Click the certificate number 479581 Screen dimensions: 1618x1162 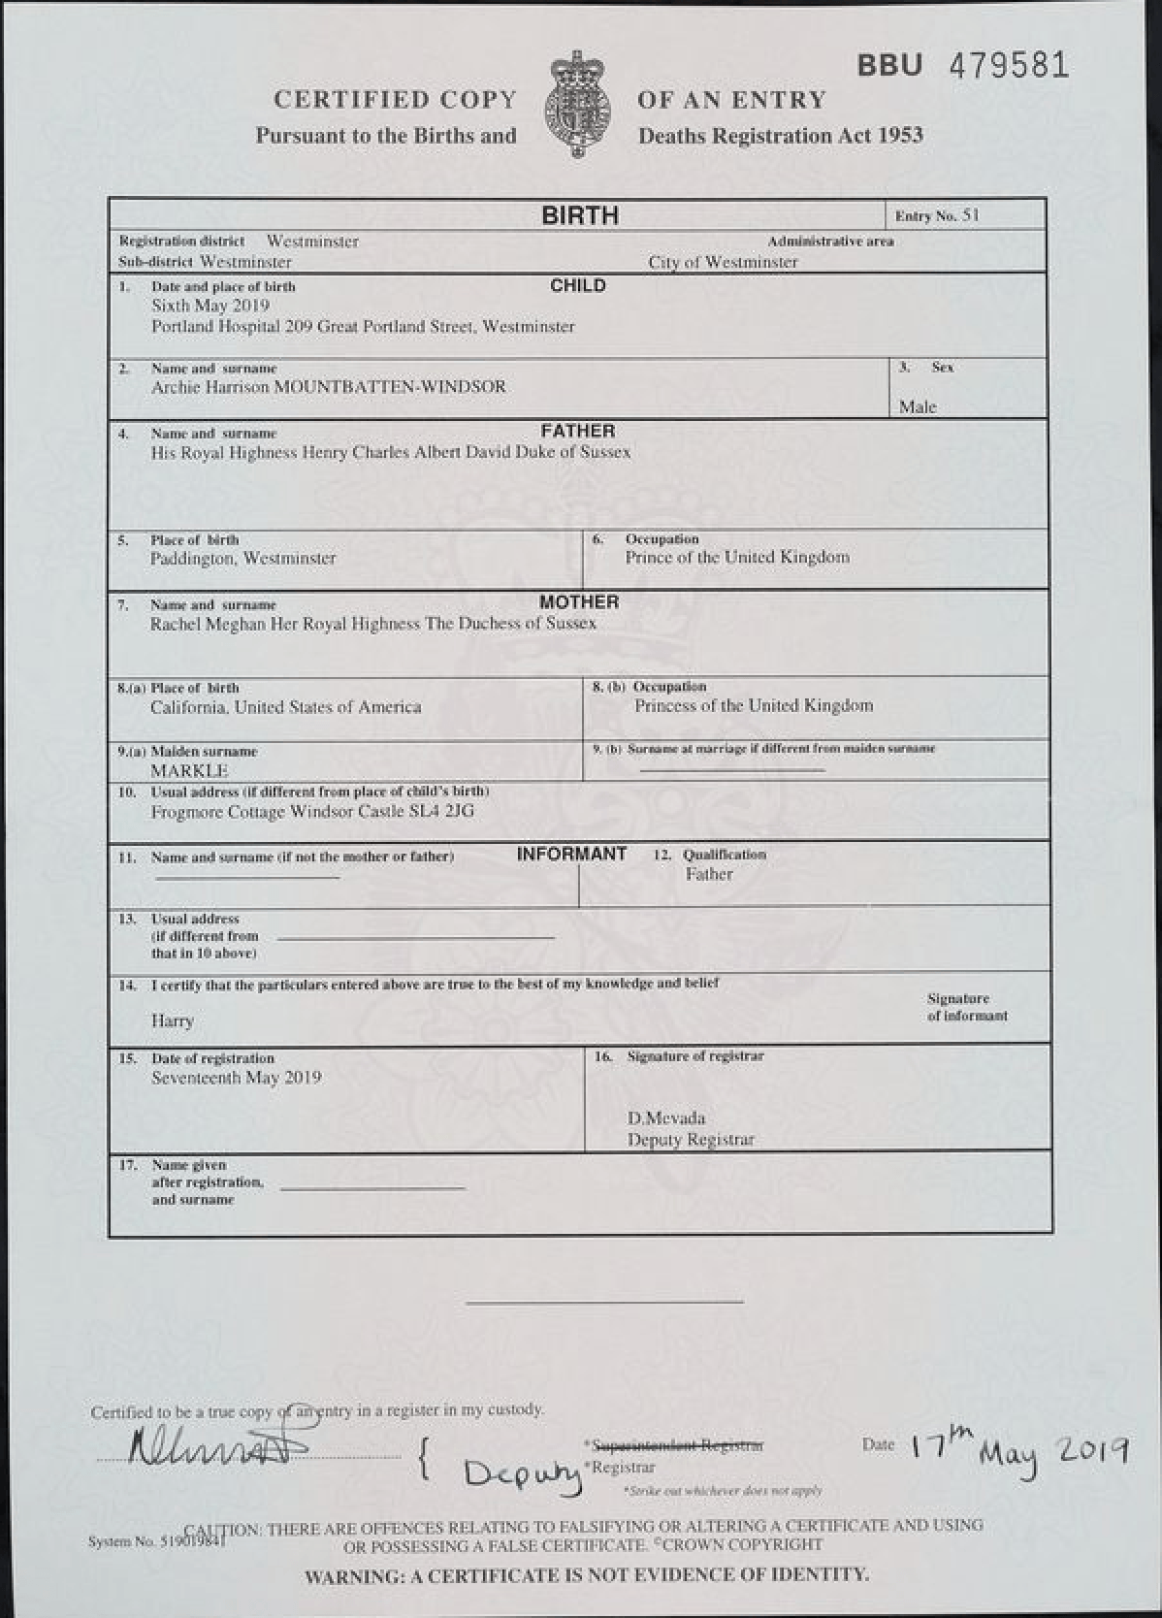click(x=1008, y=66)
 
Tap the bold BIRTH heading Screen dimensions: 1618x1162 click(x=580, y=215)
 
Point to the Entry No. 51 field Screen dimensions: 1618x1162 click(x=937, y=215)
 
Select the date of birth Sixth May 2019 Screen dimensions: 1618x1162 click(x=210, y=306)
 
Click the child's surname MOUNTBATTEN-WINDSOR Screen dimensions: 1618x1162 click(x=390, y=386)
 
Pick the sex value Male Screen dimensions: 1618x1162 click(x=918, y=406)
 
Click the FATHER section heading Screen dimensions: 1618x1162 click(x=578, y=431)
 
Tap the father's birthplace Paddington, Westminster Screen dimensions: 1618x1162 click(x=243, y=558)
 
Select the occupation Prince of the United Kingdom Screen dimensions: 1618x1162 click(x=737, y=557)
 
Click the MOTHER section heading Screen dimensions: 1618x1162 click(x=579, y=601)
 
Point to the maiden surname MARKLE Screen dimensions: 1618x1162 click(x=189, y=770)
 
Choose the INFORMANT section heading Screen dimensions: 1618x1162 click(x=571, y=854)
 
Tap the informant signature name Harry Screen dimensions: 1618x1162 click(x=173, y=1020)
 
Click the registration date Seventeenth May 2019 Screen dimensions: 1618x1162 click(x=237, y=1077)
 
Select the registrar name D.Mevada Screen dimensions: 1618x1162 click(x=666, y=1117)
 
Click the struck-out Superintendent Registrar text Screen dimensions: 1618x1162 click(x=676, y=1445)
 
